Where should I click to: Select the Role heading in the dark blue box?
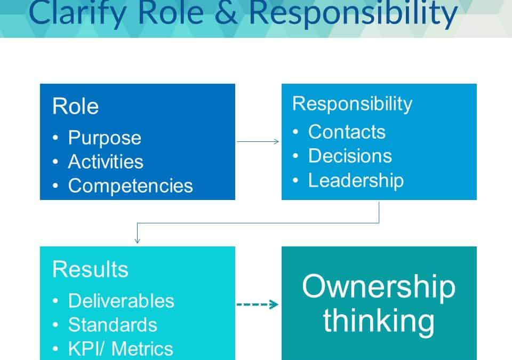[x=75, y=106]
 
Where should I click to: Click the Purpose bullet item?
[x=105, y=138]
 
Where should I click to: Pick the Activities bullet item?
[x=106, y=162]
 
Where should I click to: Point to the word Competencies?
[x=130, y=186]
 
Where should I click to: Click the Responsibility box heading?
[x=353, y=104]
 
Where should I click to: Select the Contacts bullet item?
[x=347, y=132]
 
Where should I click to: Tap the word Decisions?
[x=350, y=156]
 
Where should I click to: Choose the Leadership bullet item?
[x=356, y=180]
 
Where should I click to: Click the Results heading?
[x=90, y=269]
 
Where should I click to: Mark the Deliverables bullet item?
[x=121, y=301]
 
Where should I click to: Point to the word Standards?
[x=113, y=325]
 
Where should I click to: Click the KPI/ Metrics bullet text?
[x=121, y=349]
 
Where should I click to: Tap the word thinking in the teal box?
[x=379, y=322]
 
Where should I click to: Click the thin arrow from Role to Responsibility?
[x=258, y=141]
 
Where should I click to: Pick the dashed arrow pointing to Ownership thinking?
[x=257, y=305]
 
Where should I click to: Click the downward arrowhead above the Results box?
[x=137, y=241]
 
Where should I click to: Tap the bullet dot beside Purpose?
[x=55, y=138]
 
